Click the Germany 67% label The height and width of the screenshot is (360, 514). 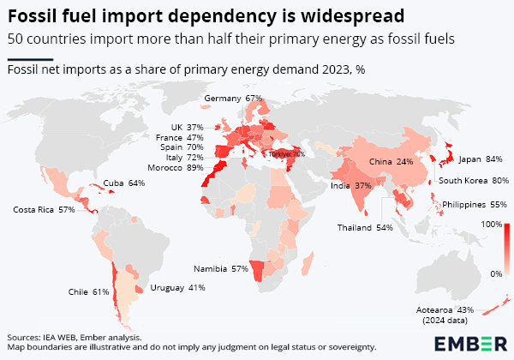tap(233, 99)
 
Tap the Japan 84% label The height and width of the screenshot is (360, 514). tap(481, 159)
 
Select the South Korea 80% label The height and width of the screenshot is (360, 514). tap(474, 181)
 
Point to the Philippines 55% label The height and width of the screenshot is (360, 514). tap(474, 205)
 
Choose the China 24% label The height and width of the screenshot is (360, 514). tap(391, 161)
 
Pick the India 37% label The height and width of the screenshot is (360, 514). tap(351, 185)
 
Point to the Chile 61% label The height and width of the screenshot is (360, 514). tap(89, 292)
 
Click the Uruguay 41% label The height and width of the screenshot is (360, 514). tap(177, 287)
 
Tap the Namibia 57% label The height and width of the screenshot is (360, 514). tap(221, 268)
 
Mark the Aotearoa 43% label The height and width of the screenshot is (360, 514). tap(453, 309)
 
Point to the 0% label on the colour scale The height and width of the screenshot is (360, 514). tap(494, 273)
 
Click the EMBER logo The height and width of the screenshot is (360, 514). tap(469, 344)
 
